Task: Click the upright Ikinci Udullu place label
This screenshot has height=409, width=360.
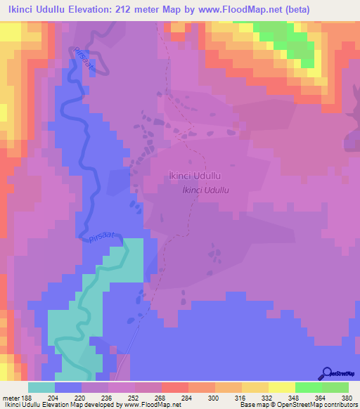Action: point(195,177)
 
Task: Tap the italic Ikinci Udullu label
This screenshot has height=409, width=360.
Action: point(207,190)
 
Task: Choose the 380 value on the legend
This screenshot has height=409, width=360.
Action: point(336,396)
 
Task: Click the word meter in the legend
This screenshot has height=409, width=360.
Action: point(9,396)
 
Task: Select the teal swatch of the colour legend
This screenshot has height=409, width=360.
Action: point(41,387)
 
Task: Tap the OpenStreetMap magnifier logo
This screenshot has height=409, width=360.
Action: point(328,374)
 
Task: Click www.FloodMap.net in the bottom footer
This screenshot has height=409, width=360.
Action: point(148,405)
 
